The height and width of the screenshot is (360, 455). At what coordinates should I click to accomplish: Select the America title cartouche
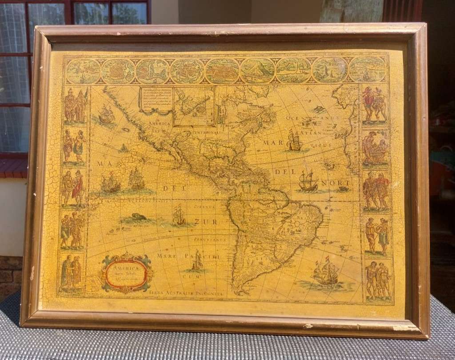point(127,273)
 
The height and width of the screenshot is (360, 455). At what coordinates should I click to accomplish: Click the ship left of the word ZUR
point(179,216)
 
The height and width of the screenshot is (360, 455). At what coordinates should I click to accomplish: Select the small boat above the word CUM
point(196,262)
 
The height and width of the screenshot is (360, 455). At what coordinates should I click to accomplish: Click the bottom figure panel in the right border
point(378,280)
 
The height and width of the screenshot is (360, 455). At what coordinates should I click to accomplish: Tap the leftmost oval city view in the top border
point(83,71)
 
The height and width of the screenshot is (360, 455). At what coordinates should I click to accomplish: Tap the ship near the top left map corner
point(106,116)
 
